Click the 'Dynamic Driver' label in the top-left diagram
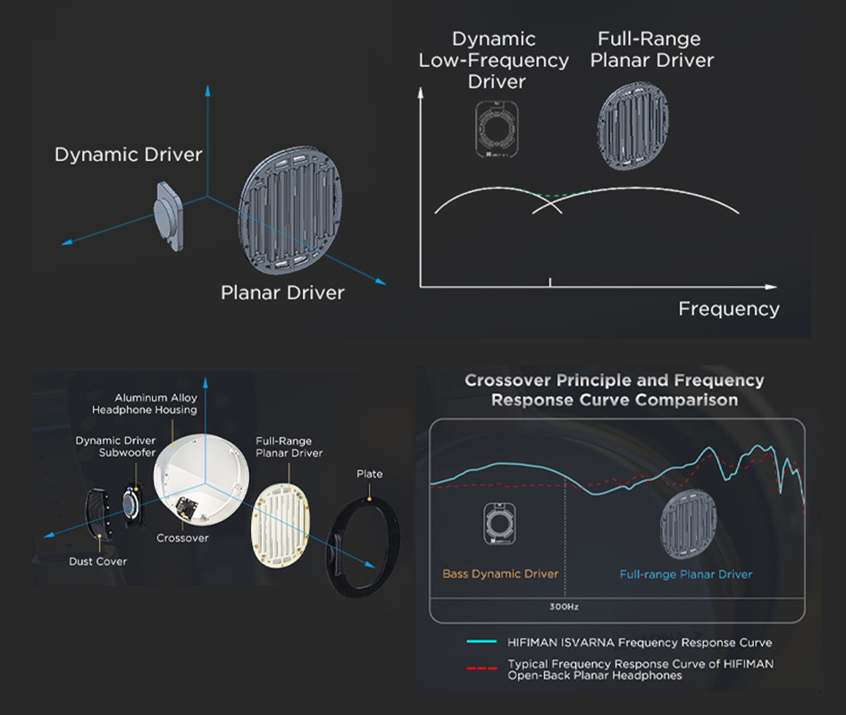pos(129,155)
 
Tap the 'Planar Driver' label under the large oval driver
pos(282,292)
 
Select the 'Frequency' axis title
pos(728,309)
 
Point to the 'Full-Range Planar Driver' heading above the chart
pos(652,50)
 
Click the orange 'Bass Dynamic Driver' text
pos(500,574)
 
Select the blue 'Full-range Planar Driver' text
pos(686,574)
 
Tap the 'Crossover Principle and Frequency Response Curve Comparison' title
pos(615,391)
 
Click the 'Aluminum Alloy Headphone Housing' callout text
pos(144,404)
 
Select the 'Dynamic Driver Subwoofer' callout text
pos(116,446)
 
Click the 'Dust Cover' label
pos(98,561)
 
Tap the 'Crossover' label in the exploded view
pos(182,538)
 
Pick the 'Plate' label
pos(369,474)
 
